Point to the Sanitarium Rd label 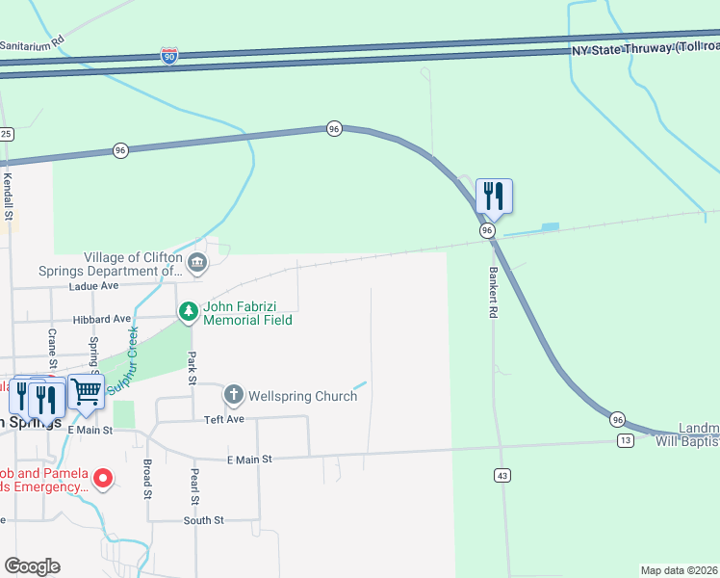[32, 43]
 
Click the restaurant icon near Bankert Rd [494, 196]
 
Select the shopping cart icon [86, 391]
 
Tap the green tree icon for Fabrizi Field [188, 311]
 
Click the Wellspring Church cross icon [234, 395]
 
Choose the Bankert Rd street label [492, 293]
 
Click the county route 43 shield [502, 475]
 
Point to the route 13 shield [626, 440]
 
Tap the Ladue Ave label [92, 286]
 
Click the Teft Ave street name [223, 420]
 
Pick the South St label [204, 520]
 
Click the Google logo [32, 566]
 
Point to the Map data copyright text [680, 569]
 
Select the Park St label [192, 369]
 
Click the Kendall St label [7, 197]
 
